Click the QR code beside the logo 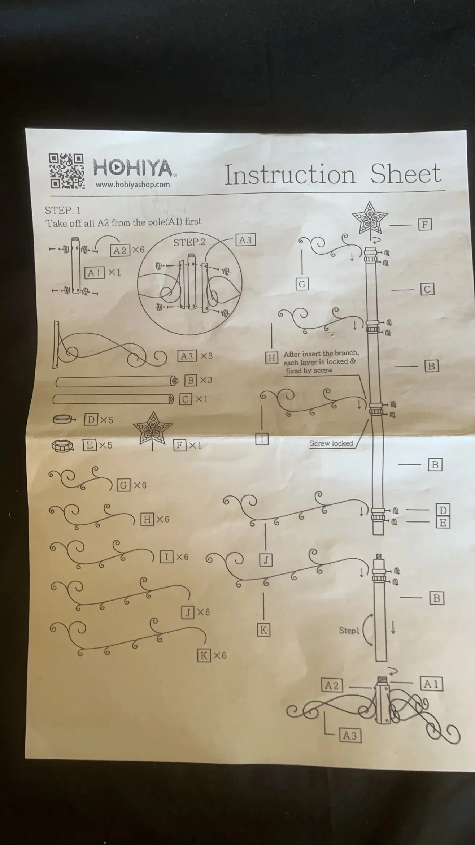66,171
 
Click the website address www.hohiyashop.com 132,185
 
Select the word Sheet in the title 406,173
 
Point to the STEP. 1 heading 63,210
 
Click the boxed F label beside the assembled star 425,225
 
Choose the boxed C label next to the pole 427,289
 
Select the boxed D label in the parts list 91,420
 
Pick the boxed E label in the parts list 89,445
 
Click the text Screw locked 331,443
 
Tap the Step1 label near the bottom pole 349,630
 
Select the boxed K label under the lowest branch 263,630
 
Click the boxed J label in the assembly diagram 266,560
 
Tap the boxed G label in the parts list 123,485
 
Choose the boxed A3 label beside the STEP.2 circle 245,240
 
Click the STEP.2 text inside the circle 189,242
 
